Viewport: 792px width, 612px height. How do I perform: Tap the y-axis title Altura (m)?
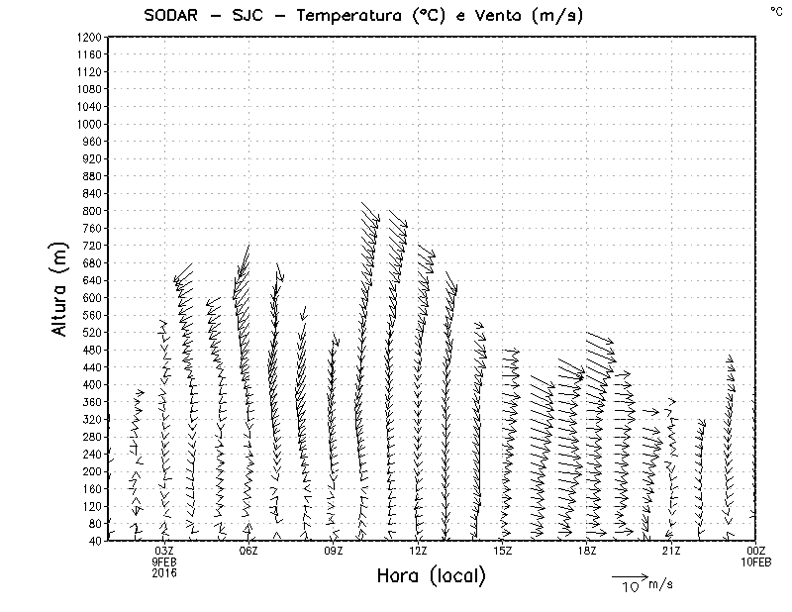click(x=61, y=288)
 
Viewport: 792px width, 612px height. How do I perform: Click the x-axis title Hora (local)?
click(x=431, y=576)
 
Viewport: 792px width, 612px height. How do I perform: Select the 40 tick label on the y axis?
click(x=95, y=540)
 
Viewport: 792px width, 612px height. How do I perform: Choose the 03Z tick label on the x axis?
click(x=164, y=551)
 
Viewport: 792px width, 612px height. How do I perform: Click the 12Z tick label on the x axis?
click(x=418, y=551)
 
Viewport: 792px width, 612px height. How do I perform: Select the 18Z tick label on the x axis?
click(x=587, y=551)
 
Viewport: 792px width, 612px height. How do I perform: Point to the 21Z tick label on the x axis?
click(x=671, y=551)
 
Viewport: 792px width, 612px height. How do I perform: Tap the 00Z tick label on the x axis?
click(x=756, y=551)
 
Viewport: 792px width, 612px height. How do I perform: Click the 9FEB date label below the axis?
click(x=164, y=561)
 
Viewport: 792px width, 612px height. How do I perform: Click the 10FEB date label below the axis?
click(x=756, y=561)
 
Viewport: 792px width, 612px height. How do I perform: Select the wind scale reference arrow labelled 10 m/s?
click(x=629, y=575)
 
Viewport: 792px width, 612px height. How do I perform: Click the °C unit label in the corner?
click(x=775, y=10)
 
